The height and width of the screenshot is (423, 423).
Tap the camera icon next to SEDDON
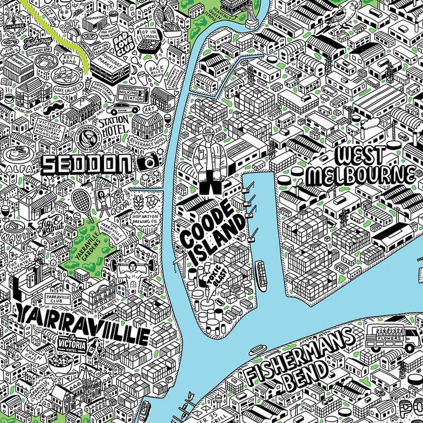(x=151, y=162)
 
